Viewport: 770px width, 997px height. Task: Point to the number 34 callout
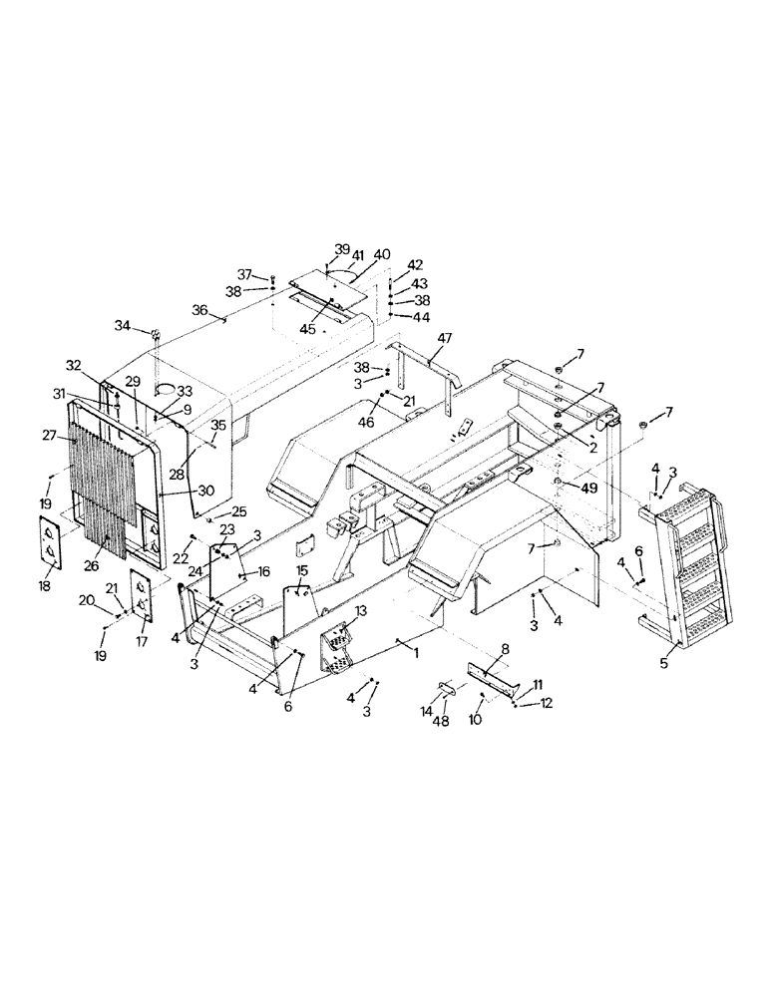(122, 325)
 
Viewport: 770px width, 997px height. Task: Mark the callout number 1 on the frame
(417, 649)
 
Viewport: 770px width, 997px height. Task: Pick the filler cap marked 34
(156, 334)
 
